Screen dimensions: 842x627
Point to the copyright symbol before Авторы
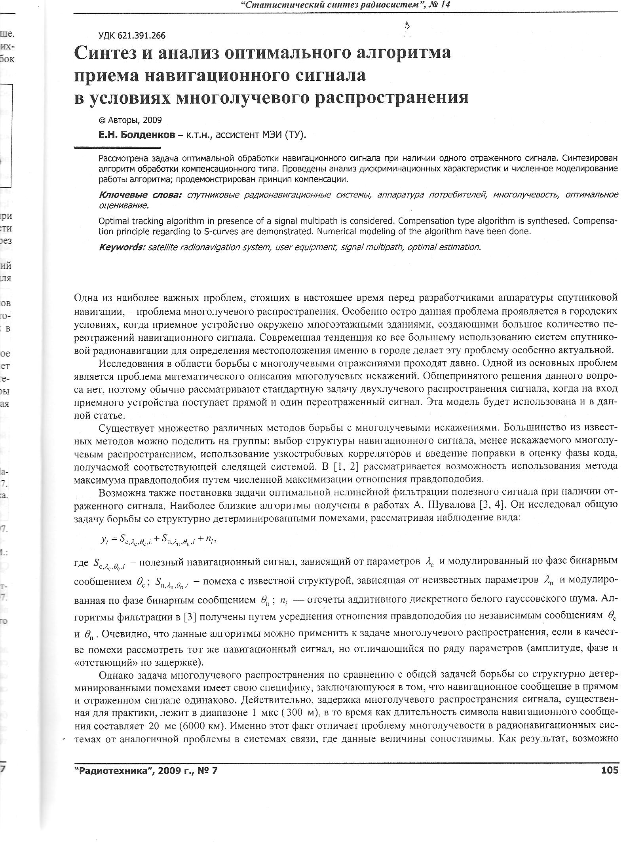102,120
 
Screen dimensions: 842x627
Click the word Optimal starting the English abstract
112,221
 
